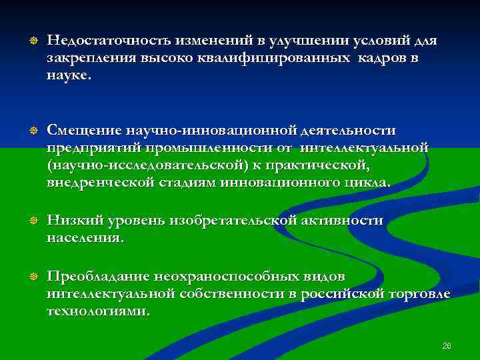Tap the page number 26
(447, 345)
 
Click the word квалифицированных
(273, 59)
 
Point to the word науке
(67, 76)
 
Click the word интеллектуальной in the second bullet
(364, 147)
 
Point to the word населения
(85, 238)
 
